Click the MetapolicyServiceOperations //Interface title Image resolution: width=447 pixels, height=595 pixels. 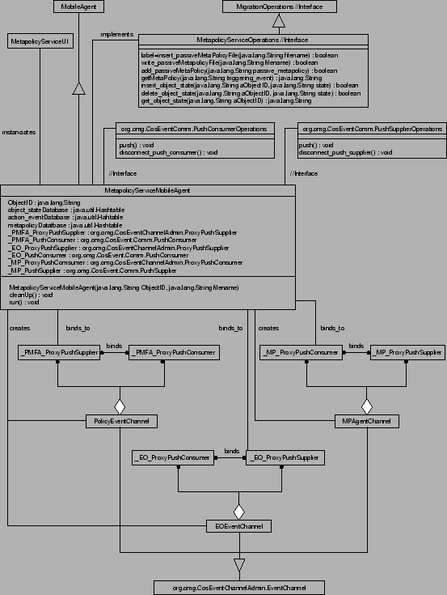pos(253,40)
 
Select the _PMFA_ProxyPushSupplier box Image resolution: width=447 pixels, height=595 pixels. pos(58,353)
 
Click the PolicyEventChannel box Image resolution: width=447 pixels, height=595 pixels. pos(121,421)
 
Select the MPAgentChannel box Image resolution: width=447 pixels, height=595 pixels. pos(367,421)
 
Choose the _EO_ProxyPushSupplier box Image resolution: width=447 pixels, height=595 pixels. pos(284,458)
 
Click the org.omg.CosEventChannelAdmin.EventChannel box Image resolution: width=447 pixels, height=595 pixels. pos(238,587)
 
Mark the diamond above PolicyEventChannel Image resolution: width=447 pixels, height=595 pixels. pos(120,405)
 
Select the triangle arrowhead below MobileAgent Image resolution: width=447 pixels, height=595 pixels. pos(78,88)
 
